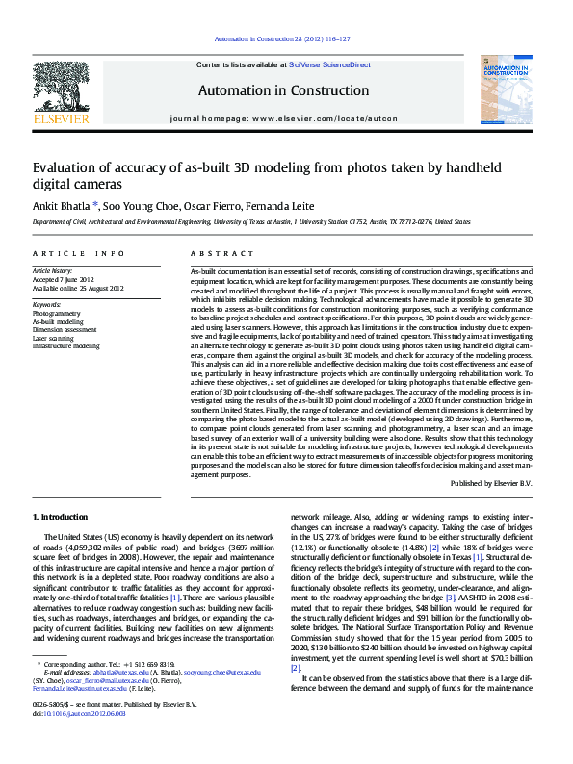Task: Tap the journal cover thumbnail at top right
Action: click(505, 91)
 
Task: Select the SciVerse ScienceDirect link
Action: click(332, 64)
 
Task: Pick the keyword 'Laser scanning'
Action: click(54, 338)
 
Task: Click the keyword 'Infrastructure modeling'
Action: click(65, 345)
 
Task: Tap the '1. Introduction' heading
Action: click(60, 518)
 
